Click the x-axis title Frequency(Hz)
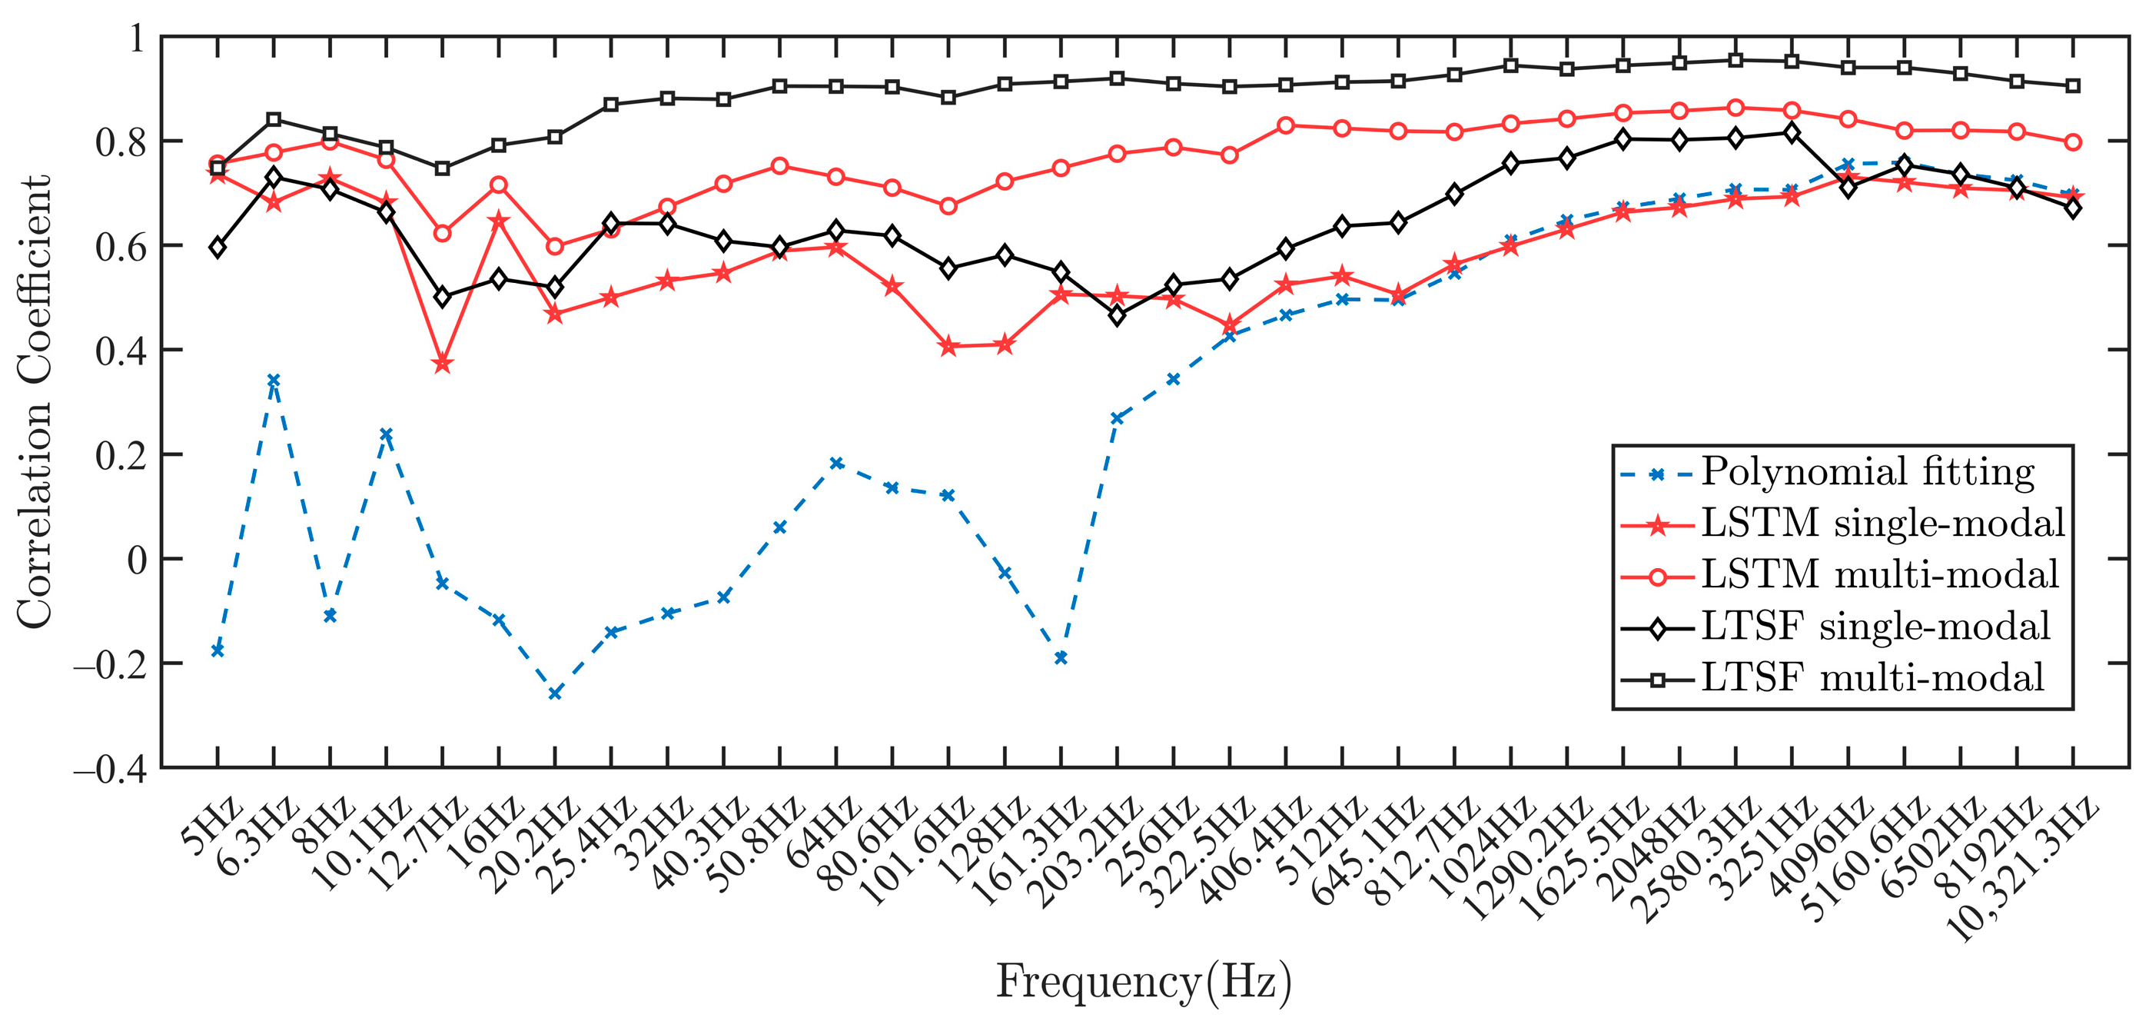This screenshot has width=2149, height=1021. click(x=1144, y=981)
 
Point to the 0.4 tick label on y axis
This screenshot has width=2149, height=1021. click(x=121, y=351)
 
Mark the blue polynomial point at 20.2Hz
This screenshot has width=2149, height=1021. click(x=555, y=693)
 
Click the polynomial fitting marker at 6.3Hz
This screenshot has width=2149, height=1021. click(x=274, y=381)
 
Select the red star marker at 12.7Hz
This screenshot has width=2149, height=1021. click(x=442, y=364)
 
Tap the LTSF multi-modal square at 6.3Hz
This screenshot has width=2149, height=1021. click(x=274, y=119)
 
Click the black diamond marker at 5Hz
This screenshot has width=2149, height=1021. click(x=218, y=248)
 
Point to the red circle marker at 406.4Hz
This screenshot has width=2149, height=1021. click(x=1286, y=126)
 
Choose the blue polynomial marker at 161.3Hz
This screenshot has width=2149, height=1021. click(x=1061, y=658)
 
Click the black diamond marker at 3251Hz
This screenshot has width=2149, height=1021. click(x=1791, y=134)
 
